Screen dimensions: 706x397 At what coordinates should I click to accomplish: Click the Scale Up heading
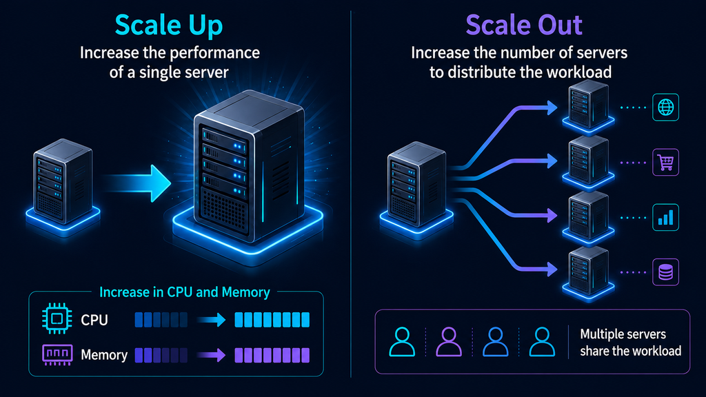[169, 26]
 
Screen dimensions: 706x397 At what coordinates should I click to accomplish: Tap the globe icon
[665, 107]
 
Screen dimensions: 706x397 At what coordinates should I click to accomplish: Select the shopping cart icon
[665, 162]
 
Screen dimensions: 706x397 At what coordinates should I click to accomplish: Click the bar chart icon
[665, 217]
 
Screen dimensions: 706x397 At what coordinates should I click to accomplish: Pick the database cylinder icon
[665, 272]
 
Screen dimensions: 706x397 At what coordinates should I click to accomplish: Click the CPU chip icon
[57, 318]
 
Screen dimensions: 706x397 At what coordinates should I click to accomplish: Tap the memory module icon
[57, 354]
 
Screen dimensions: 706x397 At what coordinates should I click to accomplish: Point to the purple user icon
[449, 342]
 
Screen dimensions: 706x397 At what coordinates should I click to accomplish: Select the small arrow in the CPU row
[211, 320]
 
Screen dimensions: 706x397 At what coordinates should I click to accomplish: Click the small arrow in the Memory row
[211, 355]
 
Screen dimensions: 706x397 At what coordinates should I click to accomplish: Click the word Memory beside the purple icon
[104, 355]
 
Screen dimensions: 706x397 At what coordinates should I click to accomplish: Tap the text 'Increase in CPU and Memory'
[185, 292]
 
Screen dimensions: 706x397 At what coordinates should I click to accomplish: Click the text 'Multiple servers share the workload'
[630, 342]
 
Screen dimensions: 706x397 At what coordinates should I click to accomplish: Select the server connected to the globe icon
[588, 106]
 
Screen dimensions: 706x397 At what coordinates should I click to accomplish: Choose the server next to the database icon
[588, 272]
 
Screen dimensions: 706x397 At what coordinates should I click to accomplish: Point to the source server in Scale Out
[416, 188]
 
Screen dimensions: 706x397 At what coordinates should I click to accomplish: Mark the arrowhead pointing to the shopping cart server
[552, 161]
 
